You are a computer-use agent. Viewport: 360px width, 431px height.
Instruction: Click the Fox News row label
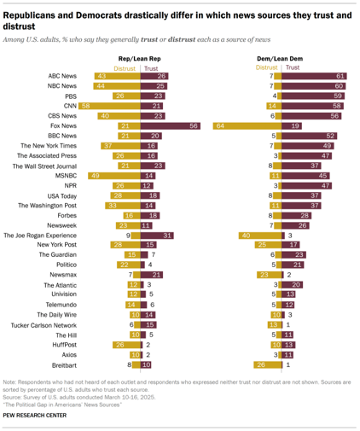(64, 125)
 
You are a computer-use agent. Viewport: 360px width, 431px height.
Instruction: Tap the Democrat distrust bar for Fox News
(247, 125)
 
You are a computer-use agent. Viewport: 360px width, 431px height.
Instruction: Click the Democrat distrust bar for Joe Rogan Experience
(258, 234)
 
